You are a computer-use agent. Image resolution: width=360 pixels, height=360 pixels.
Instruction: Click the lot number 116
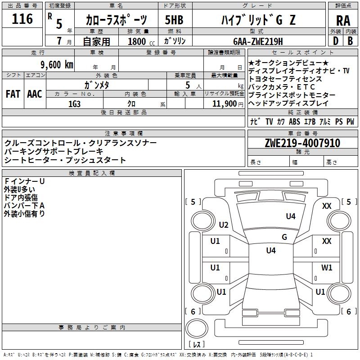(23, 19)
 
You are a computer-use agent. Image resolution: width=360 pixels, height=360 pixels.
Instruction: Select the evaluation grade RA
(343, 21)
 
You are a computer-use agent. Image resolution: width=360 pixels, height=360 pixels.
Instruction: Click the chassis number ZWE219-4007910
(302, 143)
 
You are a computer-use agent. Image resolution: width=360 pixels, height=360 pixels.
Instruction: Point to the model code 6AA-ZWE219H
(258, 41)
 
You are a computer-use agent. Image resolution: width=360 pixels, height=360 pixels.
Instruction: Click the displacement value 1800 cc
(139, 41)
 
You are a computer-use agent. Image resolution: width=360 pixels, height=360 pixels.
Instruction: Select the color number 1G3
(74, 103)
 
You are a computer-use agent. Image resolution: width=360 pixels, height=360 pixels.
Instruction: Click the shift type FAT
(13, 94)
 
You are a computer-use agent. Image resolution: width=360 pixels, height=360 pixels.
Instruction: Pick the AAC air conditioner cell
(35, 94)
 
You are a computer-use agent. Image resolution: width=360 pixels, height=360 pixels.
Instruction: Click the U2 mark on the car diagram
(224, 225)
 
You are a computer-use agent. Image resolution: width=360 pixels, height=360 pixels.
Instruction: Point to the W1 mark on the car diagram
(327, 267)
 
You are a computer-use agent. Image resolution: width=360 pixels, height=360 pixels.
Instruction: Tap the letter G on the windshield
(284, 237)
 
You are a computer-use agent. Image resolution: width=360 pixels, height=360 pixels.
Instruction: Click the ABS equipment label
(294, 121)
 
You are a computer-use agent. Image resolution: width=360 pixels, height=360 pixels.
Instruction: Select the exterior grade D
(335, 41)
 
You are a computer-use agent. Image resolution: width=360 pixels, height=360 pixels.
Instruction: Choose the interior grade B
(351, 41)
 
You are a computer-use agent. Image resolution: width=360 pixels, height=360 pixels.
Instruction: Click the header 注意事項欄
(124, 133)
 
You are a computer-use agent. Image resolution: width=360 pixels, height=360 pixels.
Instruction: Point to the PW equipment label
(350, 121)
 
